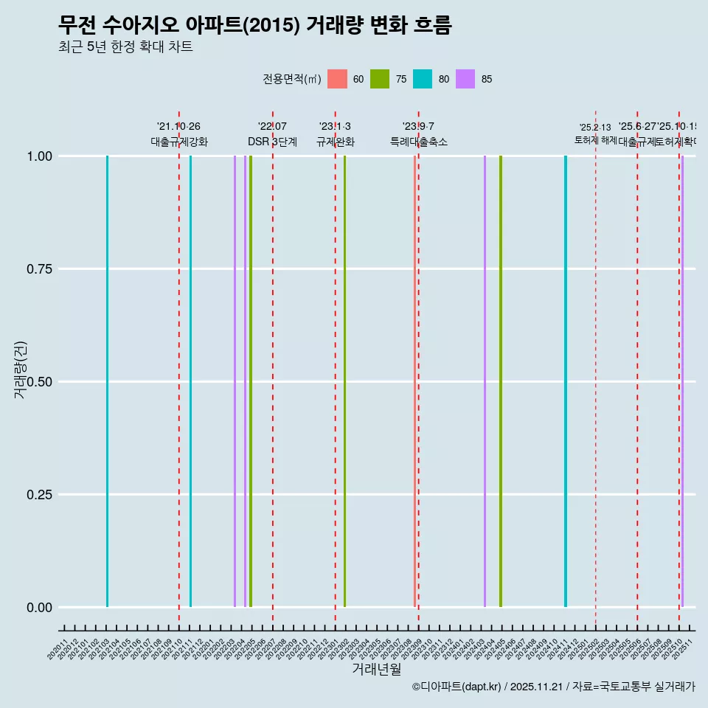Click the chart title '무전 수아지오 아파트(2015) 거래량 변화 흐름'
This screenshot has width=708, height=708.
tap(254, 25)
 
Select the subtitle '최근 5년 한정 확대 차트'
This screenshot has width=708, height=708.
tap(125, 47)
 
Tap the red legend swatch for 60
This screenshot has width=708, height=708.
tap(337, 79)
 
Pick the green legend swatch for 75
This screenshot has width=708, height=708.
tap(380, 79)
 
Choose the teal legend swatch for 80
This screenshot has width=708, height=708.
tap(423, 79)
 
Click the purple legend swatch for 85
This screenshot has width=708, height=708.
tap(465, 79)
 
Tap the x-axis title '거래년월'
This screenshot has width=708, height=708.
tap(376, 670)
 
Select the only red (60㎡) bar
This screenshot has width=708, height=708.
tap(414, 381)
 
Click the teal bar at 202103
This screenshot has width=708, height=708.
tap(107, 381)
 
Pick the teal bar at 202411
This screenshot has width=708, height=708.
tap(566, 381)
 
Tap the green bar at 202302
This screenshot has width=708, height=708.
tap(344, 381)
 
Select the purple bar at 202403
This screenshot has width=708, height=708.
tap(485, 381)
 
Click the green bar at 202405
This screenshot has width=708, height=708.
tap(501, 381)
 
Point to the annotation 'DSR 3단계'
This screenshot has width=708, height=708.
tap(272, 142)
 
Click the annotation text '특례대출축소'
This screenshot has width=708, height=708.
tap(418, 142)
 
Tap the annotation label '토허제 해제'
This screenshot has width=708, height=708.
tap(595, 140)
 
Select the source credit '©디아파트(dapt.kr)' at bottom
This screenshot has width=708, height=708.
tap(457, 687)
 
